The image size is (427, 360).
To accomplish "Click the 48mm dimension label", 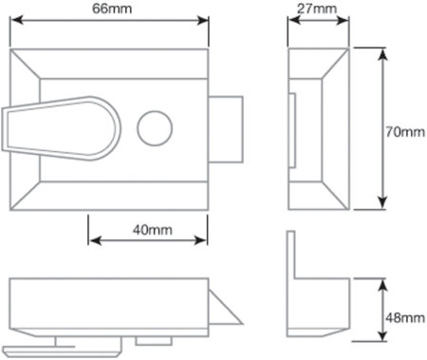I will point(405,316).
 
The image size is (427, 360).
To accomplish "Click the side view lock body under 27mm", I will point(318,128).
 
